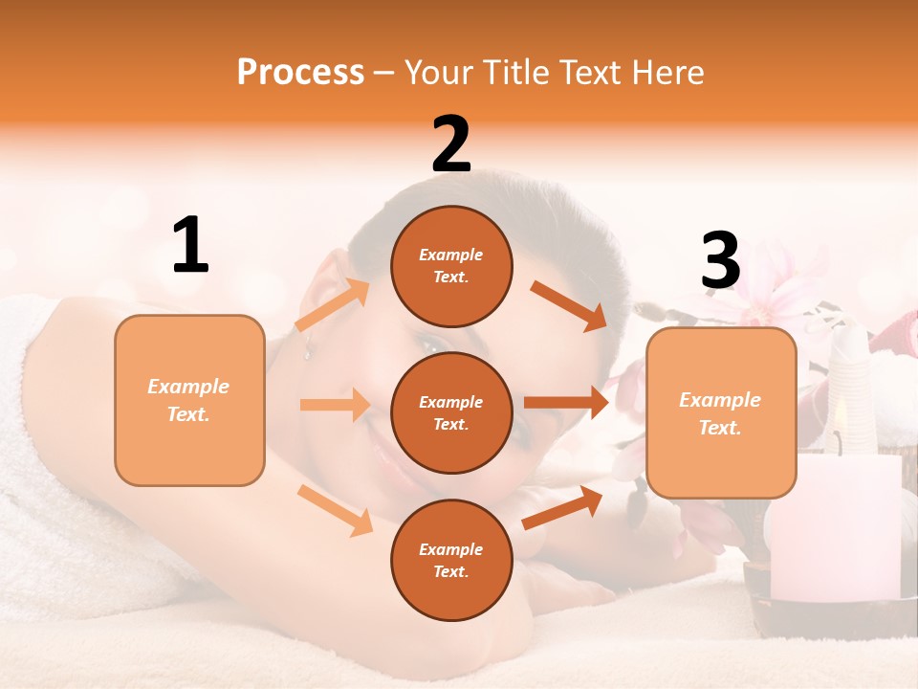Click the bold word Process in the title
coord(300,72)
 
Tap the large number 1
coord(190,245)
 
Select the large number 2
coord(451,144)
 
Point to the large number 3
coord(720,260)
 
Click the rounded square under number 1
coord(189,400)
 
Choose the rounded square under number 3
coord(721,412)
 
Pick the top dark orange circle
coord(451,266)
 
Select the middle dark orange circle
coord(451,412)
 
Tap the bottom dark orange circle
coord(451,560)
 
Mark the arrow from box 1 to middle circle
coord(335,405)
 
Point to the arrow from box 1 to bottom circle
coord(336,510)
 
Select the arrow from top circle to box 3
coord(569,305)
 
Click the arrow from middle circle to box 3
coord(566,402)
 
